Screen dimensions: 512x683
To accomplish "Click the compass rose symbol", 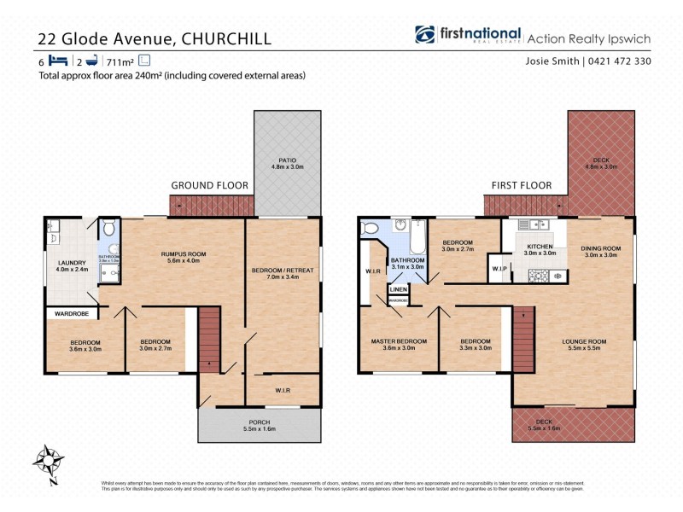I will pos(49,463).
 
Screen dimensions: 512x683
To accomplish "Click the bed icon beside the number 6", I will pos(58,61).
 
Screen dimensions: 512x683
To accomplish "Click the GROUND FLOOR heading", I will pos(209,185).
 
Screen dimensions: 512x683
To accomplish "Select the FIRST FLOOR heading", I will pos(521,185).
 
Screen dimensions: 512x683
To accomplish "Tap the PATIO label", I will pos(287,160).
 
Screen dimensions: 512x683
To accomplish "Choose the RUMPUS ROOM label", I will pos(184,254).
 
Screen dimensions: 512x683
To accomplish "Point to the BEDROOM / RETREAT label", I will pos(283,271).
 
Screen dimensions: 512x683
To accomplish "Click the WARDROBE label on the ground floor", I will pos(72,313).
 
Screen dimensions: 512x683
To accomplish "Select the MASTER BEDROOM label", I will pos(393,341).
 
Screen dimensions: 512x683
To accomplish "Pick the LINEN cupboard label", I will pos(398,290).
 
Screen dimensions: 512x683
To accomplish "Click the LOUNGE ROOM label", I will pos(584,341).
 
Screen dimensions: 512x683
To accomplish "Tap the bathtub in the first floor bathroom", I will pos(417,237).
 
